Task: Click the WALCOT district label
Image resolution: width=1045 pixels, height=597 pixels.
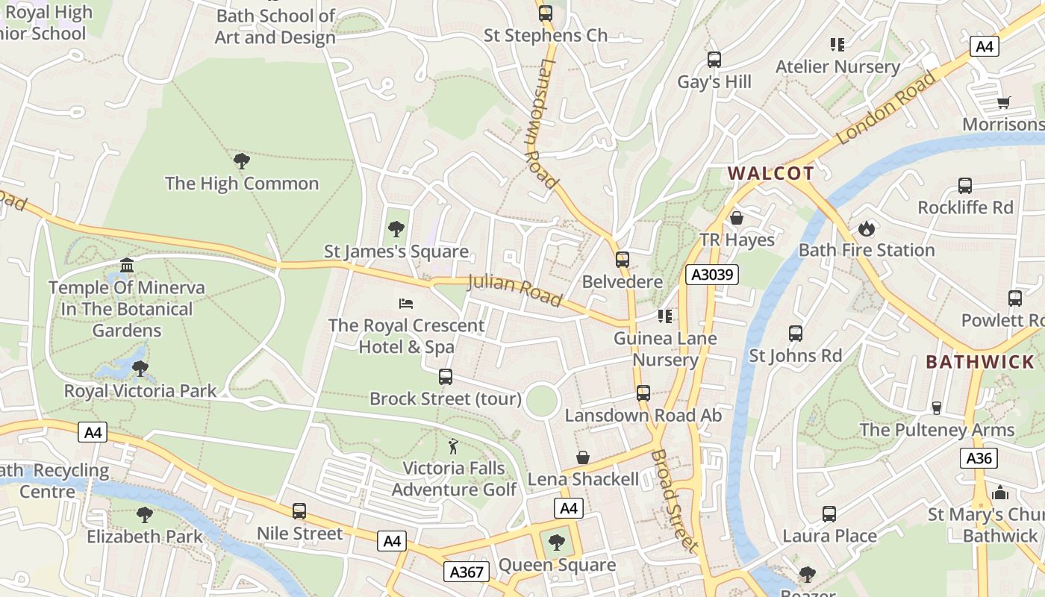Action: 770,174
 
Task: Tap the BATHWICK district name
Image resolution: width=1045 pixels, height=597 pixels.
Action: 979,362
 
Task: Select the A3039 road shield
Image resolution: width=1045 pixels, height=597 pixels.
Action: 712,275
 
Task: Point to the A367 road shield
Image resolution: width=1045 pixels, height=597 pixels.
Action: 467,572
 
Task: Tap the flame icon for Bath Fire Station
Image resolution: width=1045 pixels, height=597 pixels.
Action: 866,228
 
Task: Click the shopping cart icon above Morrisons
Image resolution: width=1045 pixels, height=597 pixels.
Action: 1003,102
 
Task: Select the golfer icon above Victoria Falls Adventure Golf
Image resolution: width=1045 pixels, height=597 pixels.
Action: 453,446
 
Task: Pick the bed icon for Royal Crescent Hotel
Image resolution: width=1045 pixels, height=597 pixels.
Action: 406,303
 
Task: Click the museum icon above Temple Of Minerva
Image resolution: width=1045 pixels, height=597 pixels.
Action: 127,266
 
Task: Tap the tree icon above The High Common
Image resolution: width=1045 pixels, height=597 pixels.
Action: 241,160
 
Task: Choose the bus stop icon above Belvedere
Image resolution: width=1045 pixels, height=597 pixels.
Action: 622,260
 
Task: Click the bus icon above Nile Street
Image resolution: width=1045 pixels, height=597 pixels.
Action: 299,511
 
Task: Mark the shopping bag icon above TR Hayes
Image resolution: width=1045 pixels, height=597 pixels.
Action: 736,218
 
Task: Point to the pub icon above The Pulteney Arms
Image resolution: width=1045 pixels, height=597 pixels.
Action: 936,407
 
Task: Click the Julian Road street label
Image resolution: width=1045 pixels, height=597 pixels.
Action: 514,290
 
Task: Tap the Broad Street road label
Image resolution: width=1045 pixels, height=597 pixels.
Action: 674,500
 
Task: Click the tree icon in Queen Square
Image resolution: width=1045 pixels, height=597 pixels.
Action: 556,543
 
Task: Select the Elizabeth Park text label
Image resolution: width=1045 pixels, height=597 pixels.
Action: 144,537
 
